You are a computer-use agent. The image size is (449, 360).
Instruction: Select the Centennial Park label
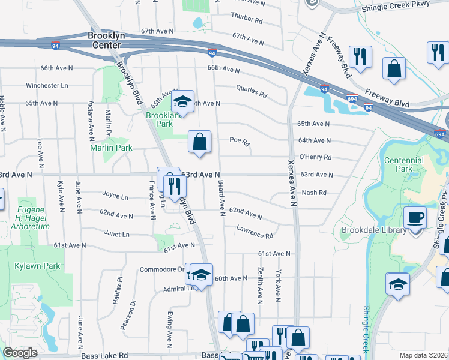pos(404,164)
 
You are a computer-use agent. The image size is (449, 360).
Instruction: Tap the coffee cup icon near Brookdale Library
pos(414,217)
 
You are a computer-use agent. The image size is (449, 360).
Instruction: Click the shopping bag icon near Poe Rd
pos(200,142)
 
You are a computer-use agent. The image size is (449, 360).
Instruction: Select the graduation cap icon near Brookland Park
pos(183,101)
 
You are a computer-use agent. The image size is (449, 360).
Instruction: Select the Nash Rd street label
pos(314,193)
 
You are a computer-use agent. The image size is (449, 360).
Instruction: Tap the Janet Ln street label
pos(116,234)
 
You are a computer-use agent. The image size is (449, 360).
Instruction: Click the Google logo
pos(20,353)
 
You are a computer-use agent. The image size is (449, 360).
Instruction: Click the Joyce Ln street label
pos(115,196)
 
